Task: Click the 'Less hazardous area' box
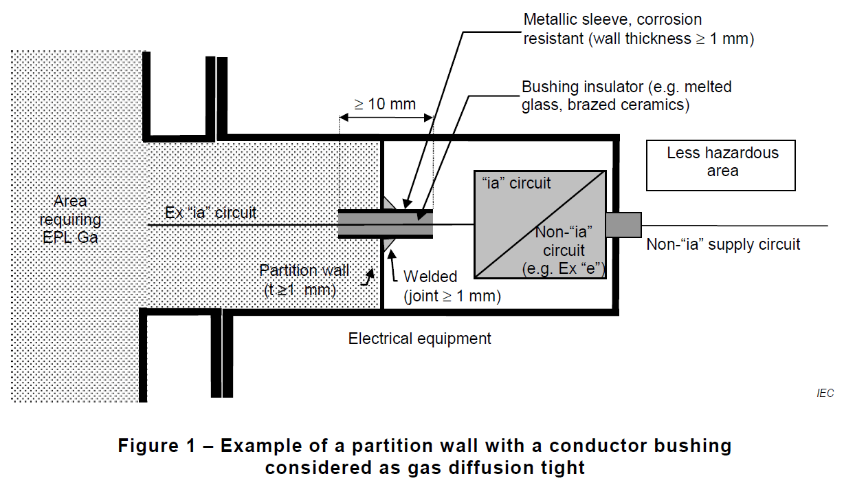720,165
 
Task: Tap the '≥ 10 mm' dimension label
385,104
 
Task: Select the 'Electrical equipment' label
419,339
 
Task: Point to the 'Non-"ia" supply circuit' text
723,245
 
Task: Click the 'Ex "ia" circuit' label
210,213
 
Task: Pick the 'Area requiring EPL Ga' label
70,219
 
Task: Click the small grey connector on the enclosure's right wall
623,224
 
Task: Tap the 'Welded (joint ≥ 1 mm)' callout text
452,286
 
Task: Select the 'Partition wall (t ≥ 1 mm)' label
304,280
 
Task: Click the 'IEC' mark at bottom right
825,394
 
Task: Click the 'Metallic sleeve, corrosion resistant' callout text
639,29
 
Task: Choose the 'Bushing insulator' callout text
626,96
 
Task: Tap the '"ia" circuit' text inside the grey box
516,183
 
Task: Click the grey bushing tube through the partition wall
386,224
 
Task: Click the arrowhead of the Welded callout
391,255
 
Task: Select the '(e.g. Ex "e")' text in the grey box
564,268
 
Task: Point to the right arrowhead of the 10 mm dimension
428,118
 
